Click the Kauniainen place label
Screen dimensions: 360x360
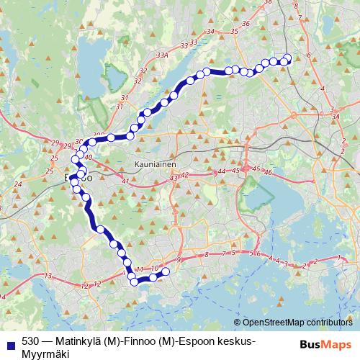155,165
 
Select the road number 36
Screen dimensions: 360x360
245,23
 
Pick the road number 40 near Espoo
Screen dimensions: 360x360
89,157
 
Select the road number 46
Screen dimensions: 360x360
268,173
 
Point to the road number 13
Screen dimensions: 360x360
48,276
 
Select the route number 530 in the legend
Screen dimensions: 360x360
30,341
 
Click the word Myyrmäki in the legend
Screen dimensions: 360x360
45,353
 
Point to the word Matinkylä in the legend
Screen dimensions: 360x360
77,341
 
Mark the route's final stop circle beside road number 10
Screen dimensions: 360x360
166,271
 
